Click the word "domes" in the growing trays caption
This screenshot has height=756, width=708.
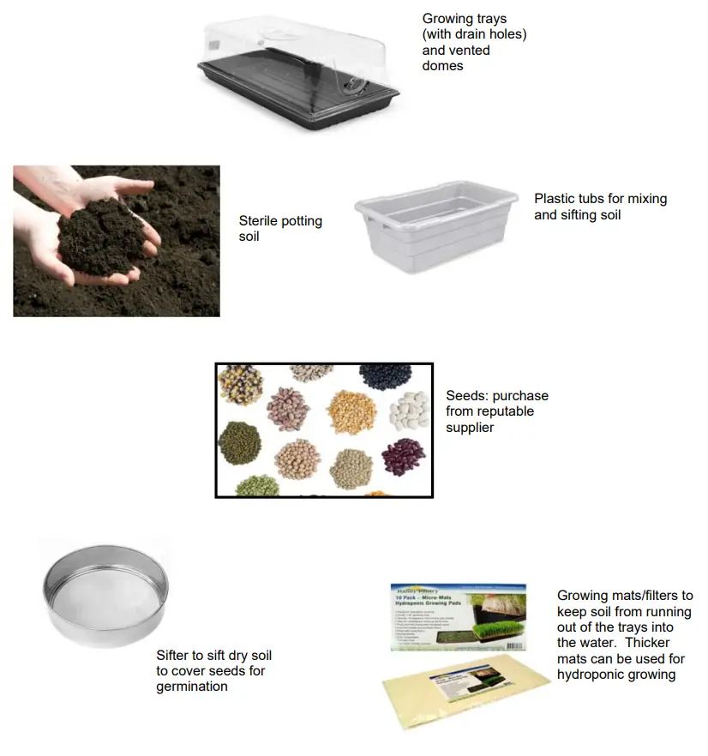click(x=442, y=66)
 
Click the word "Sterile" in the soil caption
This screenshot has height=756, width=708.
click(x=259, y=220)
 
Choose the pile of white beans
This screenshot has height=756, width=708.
click(x=409, y=411)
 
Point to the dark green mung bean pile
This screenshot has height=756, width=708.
click(x=237, y=439)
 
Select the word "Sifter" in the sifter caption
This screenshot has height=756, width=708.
click(x=174, y=656)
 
